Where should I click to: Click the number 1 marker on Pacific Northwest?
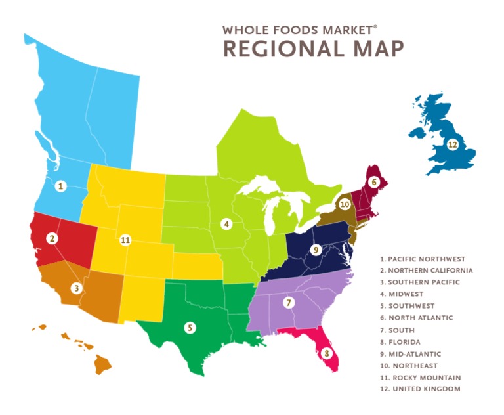pos(60,186)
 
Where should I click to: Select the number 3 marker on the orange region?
pos(77,288)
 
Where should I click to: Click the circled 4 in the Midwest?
pos(226,224)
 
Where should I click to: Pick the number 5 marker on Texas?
pos(190,327)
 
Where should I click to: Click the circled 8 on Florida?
pos(327,353)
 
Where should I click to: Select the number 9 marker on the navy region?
pos(316,250)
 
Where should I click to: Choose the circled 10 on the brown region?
pos(345,204)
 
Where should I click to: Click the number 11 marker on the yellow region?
pos(125,240)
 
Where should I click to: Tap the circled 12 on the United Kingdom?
pos(452,144)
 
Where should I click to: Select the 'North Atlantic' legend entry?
pos(420,318)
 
